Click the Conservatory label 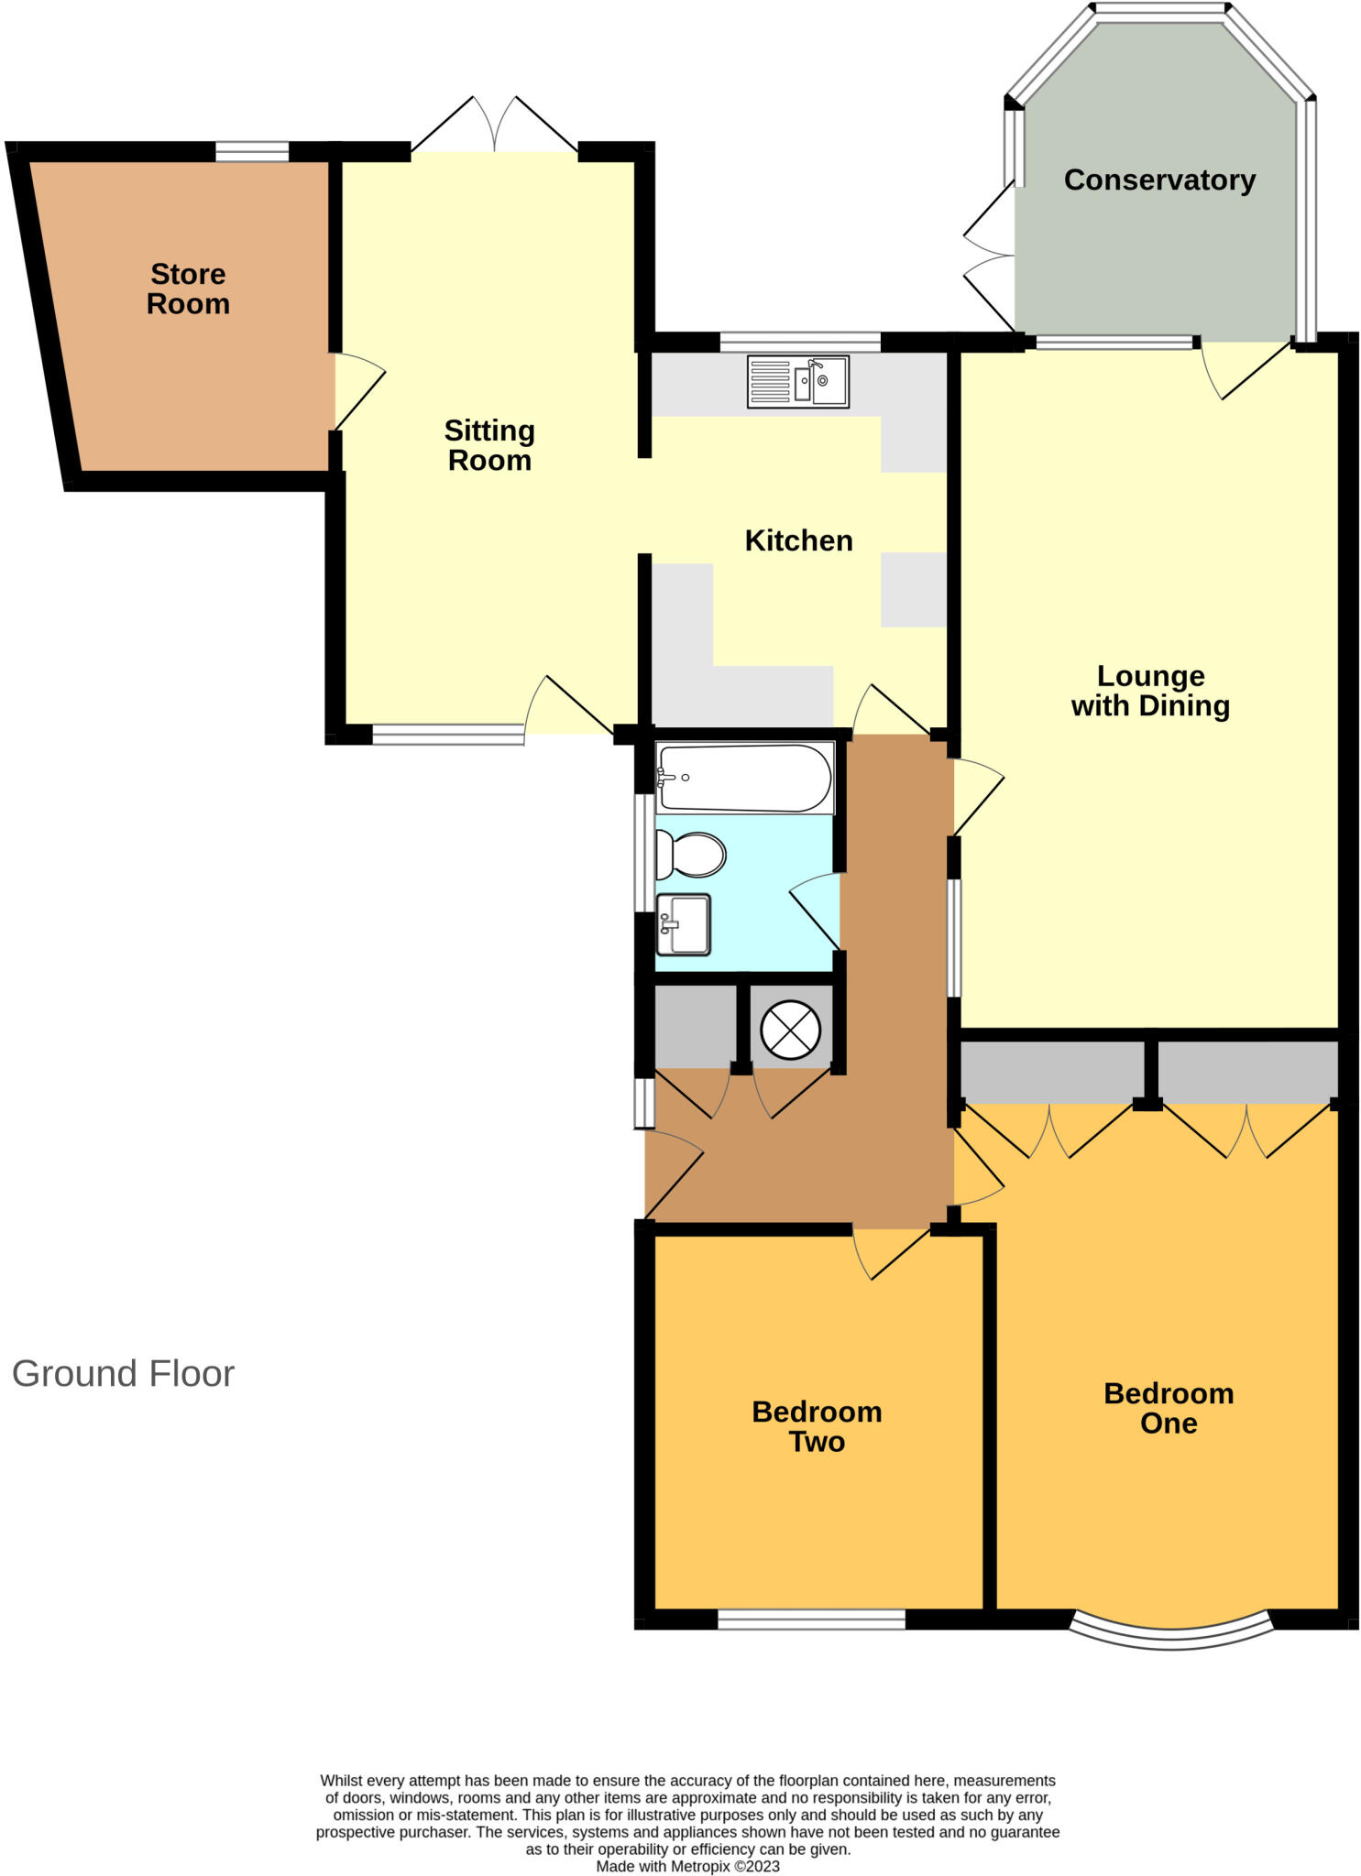pyautogui.click(x=1158, y=180)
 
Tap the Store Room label pyautogui.click(x=188, y=289)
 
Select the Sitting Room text pyautogui.click(x=489, y=445)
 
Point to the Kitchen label pyautogui.click(x=798, y=540)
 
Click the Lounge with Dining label pyautogui.click(x=1150, y=691)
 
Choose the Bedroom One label pyautogui.click(x=1169, y=1408)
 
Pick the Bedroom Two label pyautogui.click(x=817, y=1426)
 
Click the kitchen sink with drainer pyautogui.click(x=798, y=382)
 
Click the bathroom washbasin pyautogui.click(x=684, y=923)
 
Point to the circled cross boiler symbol pyautogui.click(x=791, y=1027)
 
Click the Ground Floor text pyautogui.click(x=123, y=1374)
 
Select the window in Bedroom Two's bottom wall pyautogui.click(x=811, y=1620)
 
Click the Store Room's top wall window pyautogui.click(x=252, y=151)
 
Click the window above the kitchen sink pyautogui.click(x=800, y=343)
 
